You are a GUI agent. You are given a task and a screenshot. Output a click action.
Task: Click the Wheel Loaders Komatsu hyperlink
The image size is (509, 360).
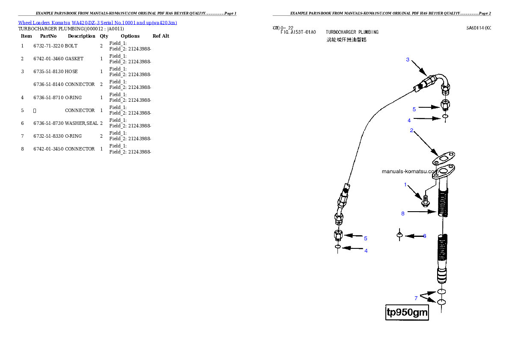(98, 23)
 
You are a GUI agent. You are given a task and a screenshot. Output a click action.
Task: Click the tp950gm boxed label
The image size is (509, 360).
(407, 313)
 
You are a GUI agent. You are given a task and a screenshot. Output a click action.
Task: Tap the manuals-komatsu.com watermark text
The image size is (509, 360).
(409, 171)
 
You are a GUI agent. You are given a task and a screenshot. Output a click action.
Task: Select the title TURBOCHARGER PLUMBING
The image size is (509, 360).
(352, 32)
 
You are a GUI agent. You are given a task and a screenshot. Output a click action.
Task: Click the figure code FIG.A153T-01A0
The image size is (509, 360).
(298, 32)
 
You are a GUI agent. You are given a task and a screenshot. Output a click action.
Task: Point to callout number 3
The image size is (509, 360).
(408, 60)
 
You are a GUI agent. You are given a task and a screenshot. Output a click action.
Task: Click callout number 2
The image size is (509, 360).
(411, 130)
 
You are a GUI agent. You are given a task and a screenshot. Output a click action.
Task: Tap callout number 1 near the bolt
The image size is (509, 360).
(405, 185)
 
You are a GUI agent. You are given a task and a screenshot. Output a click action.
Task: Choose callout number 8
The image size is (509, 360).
(403, 213)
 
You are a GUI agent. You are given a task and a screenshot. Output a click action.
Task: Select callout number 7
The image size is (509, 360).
(416, 298)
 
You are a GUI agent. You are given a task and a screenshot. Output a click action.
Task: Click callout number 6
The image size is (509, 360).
(424, 236)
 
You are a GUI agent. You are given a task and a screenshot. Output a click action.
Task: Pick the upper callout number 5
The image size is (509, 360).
(414, 109)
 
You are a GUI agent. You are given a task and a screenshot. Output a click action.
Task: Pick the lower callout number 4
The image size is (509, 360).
(366, 251)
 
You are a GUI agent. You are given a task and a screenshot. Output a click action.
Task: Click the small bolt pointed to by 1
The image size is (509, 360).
(425, 200)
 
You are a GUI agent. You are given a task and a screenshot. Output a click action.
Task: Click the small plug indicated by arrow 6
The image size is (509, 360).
(400, 235)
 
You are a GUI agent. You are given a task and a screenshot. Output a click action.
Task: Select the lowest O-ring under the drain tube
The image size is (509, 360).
(442, 303)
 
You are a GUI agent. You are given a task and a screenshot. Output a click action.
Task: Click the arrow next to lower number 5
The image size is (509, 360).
(354, 235)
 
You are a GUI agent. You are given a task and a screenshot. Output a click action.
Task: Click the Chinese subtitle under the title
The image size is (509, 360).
(346, 40)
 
